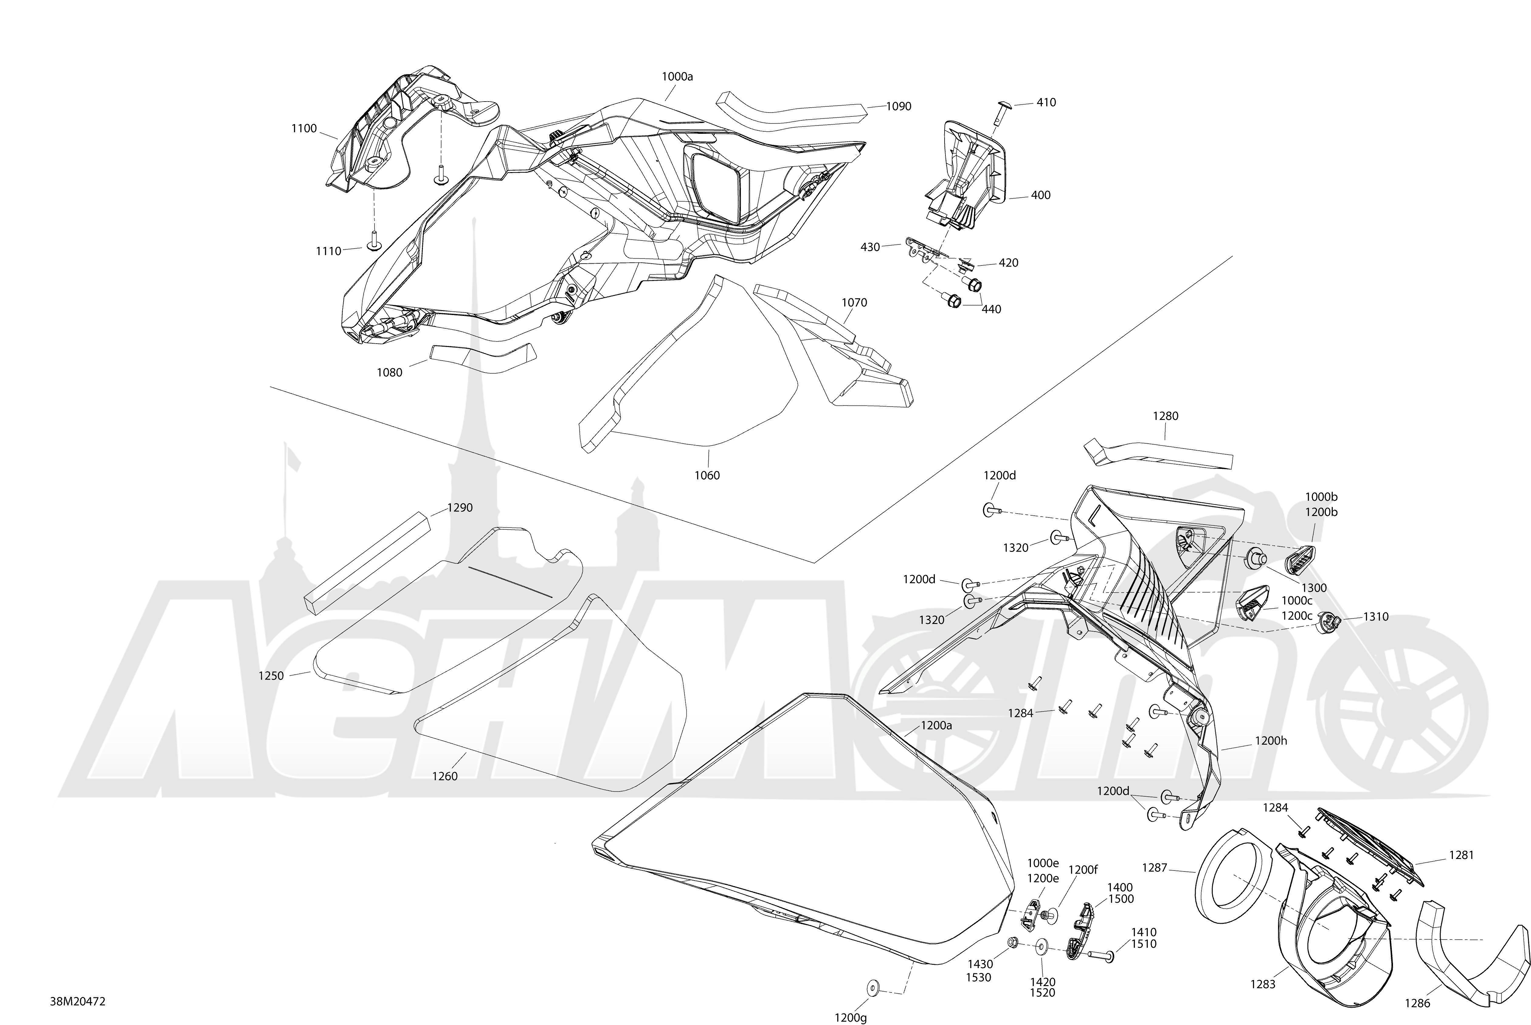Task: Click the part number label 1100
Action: [304, 129]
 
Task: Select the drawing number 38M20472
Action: [78, 1001]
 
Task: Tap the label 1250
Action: [271, 676]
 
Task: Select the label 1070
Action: [854, 303]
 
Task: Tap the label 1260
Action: [445, 777]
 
